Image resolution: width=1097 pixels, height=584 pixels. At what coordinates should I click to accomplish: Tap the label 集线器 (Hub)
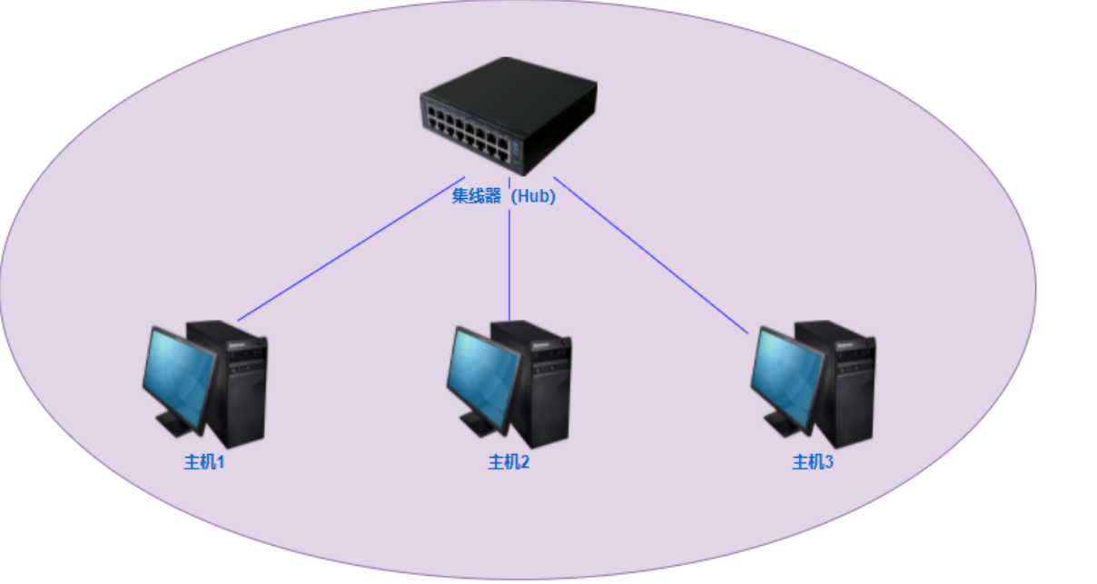(x=503, y=196)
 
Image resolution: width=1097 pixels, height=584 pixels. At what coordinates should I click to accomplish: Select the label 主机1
(x=204, y=462)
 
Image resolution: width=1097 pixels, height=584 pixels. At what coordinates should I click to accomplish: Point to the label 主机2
(x=509, y=462)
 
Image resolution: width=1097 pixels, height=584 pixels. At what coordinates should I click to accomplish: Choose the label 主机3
(x=813, y=462)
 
